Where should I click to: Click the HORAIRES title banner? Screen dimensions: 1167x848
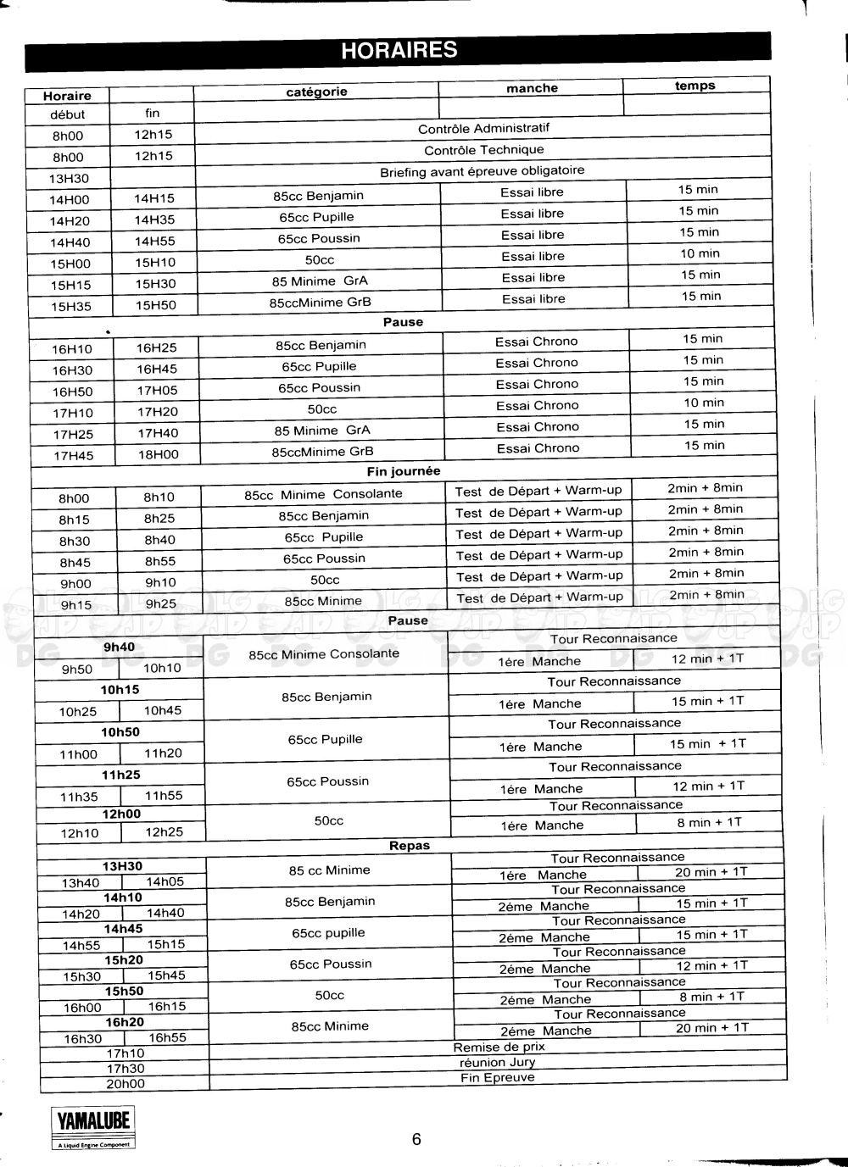399,51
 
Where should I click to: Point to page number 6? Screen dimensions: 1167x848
416,1139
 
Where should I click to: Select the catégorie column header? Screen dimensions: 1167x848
316,92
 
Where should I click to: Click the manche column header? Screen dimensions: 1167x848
532,88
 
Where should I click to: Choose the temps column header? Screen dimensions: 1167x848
695,86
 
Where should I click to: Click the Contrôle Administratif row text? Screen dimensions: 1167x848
483,129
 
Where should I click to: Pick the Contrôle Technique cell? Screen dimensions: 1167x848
483,150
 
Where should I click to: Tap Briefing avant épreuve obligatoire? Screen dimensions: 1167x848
482,171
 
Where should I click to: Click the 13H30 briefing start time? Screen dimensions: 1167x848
69,179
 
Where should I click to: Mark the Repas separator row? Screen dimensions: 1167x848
410,845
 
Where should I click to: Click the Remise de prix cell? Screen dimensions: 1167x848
499,1047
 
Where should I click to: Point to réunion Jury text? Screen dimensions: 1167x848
497,1062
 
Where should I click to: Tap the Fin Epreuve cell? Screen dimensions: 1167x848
498,1078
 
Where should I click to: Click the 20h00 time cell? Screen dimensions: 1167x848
126,1084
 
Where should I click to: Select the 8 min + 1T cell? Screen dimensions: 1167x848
709,822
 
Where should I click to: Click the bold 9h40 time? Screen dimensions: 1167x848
119,647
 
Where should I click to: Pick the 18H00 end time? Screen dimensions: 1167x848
159,454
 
